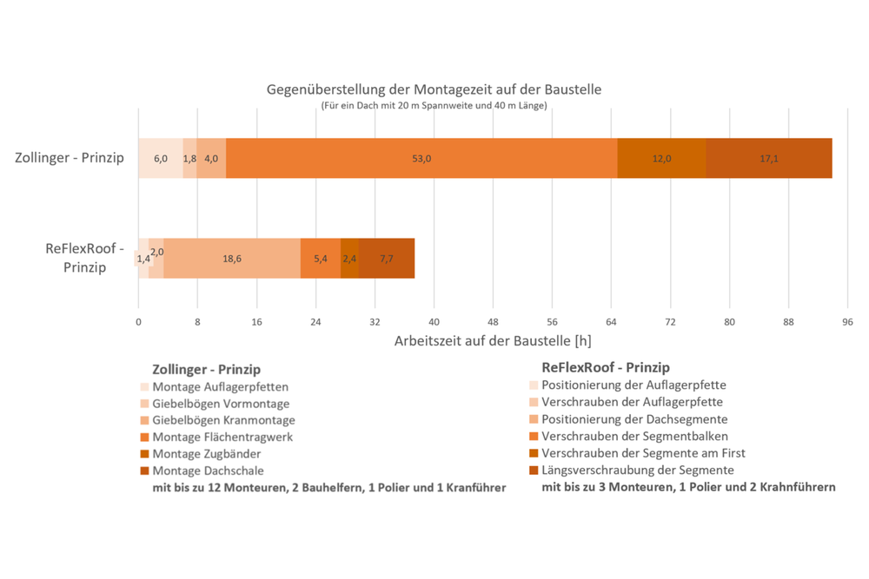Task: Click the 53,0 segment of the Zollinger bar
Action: tap(421, 158)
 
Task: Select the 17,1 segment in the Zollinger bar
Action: tap(769, 158)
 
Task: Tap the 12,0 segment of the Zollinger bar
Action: tap(661, 158)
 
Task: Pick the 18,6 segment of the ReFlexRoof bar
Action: tap(232, 258)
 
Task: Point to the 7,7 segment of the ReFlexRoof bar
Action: tap(387, 258)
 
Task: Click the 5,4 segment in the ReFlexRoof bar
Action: tap(320, 258)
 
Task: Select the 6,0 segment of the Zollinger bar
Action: tap(161, 158)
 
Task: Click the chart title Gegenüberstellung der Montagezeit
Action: tap(434, 89)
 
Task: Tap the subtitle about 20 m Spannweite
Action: tap(434, 106)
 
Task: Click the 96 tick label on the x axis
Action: tap(848, 321)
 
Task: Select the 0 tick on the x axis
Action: tap(138, 321)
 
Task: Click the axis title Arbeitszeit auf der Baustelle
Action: tap(493, 340)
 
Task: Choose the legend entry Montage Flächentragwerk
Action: tap(222, 438)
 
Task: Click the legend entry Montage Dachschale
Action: tap(207, 470)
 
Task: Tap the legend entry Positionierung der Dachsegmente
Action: tap(635, 419)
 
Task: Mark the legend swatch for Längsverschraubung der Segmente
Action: tap(533, 470)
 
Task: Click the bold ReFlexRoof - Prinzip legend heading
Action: tap(606, 367)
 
